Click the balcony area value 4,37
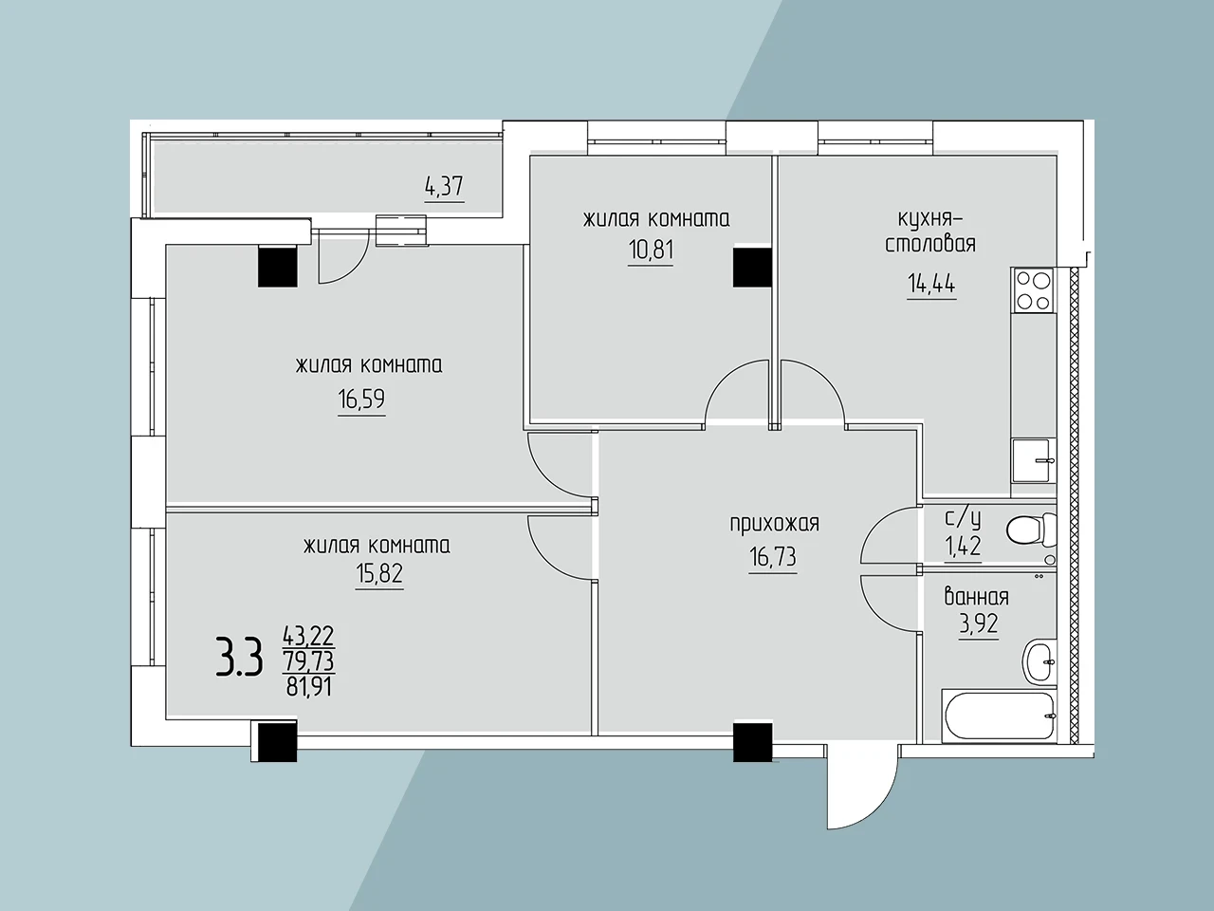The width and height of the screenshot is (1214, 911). tap(444, 186)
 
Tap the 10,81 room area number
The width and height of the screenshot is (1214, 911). tap(651, 250)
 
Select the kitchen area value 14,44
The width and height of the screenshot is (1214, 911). tap(931, 284)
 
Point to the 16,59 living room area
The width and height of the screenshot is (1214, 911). tap(361, 399)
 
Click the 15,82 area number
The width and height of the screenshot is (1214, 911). tap(379, 573)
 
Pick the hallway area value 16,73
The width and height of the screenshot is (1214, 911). tap(773, 557)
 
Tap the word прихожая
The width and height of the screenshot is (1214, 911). tap(774, 524)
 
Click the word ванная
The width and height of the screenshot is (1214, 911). tap(977, 598)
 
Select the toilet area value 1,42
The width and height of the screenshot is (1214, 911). tap(963, 547)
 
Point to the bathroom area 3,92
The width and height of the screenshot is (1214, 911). tap(979, 623)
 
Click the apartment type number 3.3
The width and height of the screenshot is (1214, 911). tap(239, 657)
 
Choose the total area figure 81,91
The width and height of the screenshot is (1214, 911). tap(308, 688)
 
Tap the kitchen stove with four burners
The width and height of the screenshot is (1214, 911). tap(1033, 290)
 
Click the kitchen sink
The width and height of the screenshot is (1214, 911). tap(1033, 461)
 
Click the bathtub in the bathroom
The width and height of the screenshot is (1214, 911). tap(999, 716)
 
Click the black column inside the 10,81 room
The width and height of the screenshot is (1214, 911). tap(752, 268)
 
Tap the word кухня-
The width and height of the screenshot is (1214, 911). tap(929, 220)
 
